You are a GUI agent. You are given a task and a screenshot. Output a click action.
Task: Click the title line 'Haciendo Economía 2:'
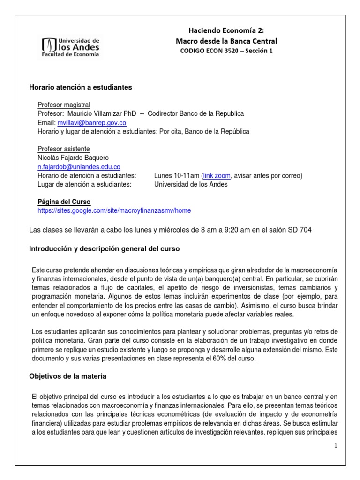(x=226, y=30)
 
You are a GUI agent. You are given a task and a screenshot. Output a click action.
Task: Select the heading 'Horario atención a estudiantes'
(x=81, y=87)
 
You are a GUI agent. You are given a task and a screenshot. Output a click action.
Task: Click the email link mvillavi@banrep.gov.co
(x=91, y=123)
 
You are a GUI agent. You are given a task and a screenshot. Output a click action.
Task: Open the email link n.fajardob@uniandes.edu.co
(x=79, y=166)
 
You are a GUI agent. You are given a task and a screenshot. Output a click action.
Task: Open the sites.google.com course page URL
(x=114, y=210)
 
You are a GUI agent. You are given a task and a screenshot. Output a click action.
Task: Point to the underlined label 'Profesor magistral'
(x=64, y=105)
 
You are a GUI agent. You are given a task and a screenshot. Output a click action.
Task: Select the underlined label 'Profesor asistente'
(x=64, y=149)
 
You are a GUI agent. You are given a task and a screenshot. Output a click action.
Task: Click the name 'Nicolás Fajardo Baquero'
(x=73, y=157)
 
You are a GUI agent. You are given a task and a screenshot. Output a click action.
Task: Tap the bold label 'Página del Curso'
(x=64, y=202)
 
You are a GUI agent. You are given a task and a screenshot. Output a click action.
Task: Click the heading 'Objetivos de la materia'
(x=68, y=376)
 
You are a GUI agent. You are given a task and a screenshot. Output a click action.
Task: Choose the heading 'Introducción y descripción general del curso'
(x=104, y=249)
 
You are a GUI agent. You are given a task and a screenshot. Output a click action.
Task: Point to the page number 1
(x=336, y=445)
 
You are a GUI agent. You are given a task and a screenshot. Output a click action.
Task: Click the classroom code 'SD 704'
(x=300, y=230)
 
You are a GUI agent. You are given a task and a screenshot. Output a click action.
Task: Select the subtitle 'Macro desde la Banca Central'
(x=226, y=41)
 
